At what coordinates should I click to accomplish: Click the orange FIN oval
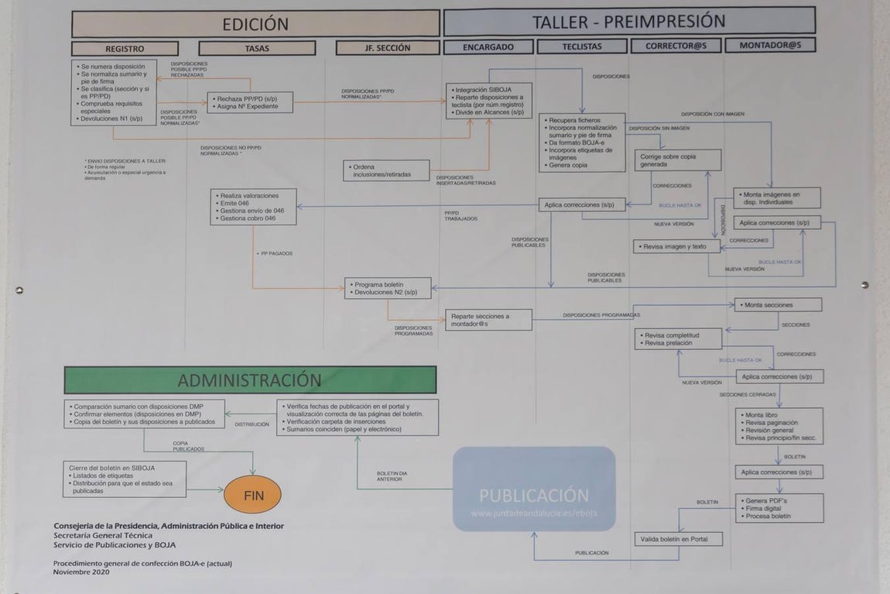point(252,494)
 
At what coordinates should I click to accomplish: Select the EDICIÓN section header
point(255,24)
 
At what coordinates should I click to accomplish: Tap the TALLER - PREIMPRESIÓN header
point(628,21)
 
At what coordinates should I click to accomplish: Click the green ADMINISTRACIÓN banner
point(250,380)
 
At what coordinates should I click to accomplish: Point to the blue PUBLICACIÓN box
point(534,489)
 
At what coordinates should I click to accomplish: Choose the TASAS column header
point(256,48)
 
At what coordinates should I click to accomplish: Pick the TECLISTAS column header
point(581,46)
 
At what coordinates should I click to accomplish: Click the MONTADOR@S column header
point(769,46)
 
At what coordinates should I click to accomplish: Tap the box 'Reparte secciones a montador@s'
point(488,320)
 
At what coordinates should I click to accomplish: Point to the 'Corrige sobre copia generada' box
point(677,160)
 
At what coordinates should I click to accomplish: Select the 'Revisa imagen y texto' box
point(676,246)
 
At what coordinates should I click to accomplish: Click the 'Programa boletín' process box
point(387,288)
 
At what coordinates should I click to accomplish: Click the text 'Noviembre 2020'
point(81,572)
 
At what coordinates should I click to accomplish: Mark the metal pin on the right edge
point(864,285)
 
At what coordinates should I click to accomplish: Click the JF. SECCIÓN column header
point(387,48)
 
